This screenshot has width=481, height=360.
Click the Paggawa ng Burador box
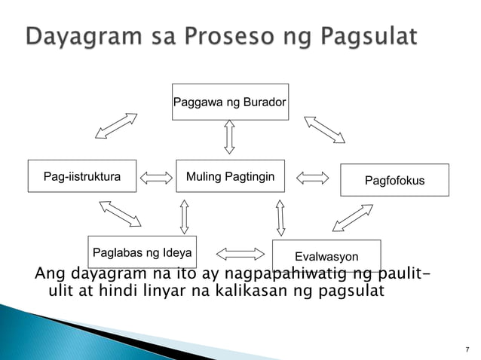click(x=230, y=102)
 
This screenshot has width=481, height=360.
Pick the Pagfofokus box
click(x=394, y=181)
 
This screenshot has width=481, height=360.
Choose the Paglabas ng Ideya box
click(x=142, y=252)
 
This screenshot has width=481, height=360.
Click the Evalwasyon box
click(x=326, y=256)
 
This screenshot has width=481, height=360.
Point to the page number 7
click(x=467, y=349)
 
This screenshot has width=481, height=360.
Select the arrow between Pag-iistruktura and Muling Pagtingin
click(x=157, y=178)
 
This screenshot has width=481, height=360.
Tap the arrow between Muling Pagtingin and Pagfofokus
click(x=313, y=178)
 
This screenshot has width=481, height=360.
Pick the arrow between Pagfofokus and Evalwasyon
click(x=352, y=217)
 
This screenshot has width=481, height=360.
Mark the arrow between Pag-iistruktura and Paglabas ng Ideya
click(x=120, y=213)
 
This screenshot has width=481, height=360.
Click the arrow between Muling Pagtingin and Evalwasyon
click(x=280, y=218)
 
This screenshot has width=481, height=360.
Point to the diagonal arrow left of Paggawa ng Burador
click(x=116, y=126)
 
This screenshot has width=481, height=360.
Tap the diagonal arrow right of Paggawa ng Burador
click(x=324, y=129)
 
